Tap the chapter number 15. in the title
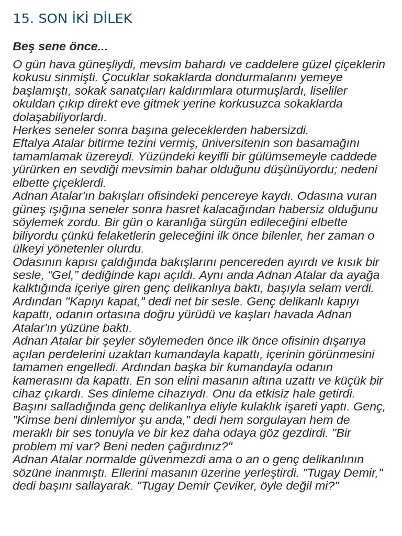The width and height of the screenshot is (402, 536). click(x=23, y=19)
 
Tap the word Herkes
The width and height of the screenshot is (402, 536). click(x=31, y=130)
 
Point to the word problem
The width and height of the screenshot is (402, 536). click(x=37, y=446)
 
